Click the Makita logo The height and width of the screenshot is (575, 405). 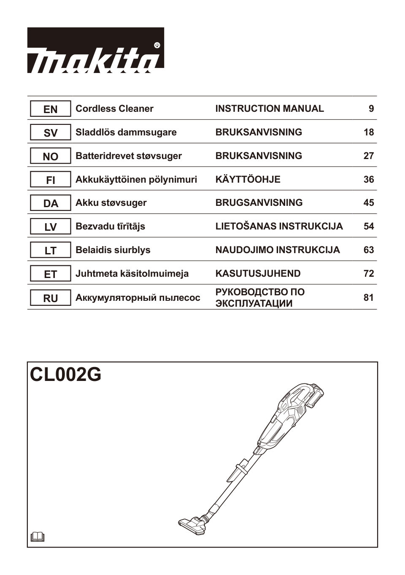click(95, 51)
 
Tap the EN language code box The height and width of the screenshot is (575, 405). click(50, 109)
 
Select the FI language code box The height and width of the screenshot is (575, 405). click(50, 180)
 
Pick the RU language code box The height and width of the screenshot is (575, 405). click(50, 298)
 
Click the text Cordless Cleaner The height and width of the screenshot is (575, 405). click(114, 109)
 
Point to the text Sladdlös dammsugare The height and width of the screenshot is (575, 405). click(126, 132)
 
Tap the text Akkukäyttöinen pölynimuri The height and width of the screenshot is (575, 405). click(136, 180)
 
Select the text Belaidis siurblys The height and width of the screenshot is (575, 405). click(113, 250)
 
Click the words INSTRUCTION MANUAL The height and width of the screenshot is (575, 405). click(270, 109)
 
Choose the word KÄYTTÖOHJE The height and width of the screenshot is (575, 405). click(248, 180)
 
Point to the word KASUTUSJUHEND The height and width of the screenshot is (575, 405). click(258, 274)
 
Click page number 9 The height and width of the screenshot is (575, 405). click(371, 109)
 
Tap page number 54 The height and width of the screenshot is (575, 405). click(369, 227)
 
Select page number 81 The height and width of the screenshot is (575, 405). click(369, 298)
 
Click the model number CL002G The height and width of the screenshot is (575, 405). click(66, 374)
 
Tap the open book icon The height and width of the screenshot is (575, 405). click(38, 537)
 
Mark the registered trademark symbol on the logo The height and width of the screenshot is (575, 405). click(157, 45)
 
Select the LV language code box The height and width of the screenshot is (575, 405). click(50, 227)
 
